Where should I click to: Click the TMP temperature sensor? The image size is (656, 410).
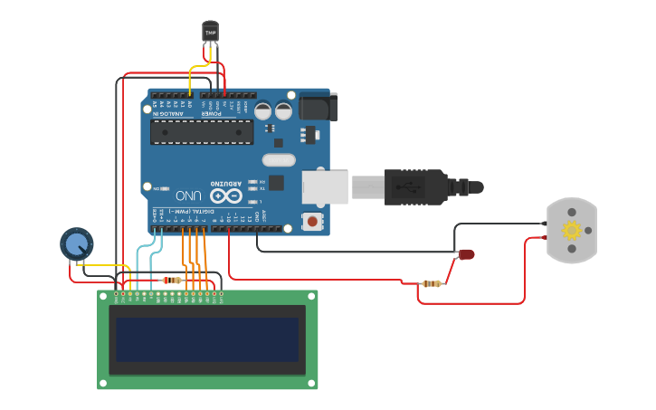point(211,33)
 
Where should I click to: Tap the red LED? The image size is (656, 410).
point(467,254)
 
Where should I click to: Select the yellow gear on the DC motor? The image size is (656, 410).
point(571,230)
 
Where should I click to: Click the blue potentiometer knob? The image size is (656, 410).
point(76,243)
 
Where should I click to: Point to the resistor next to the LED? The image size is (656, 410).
point(433,283)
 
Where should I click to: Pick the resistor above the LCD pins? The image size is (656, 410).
point(171,281)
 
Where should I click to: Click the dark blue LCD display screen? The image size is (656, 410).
point(207,338)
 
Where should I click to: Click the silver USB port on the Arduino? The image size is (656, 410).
point(325,186)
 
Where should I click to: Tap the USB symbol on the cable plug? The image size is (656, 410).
point(415,187)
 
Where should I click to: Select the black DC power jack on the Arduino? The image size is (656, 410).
point(318,108)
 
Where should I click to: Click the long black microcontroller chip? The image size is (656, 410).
point(201,132)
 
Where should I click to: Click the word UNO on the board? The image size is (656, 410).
point(188,195)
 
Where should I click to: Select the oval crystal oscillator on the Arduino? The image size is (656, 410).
point(279,160)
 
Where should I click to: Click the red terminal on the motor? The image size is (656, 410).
point(544,238)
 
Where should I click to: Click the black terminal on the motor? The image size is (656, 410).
point(544,223)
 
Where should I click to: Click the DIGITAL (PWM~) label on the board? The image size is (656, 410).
point(195,210)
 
